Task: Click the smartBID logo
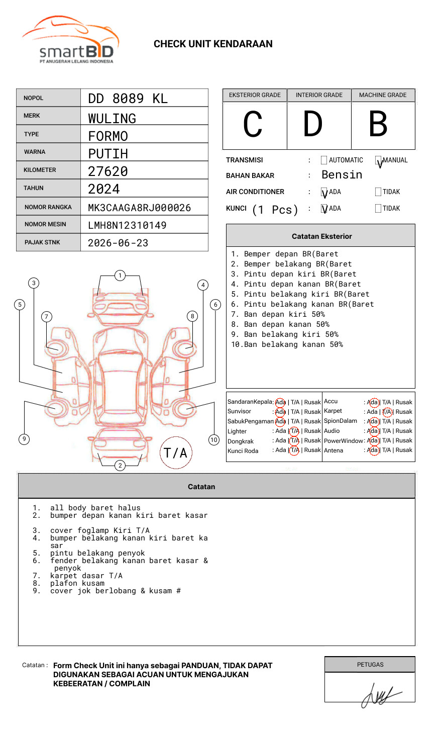70,40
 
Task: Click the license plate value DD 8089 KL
128,99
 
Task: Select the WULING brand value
112,119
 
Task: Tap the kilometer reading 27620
108,171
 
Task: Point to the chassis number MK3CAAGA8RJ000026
139,208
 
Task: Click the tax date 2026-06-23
118,243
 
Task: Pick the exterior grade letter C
253,124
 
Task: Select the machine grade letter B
378,124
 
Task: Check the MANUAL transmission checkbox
379,161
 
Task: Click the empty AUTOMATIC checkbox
324,160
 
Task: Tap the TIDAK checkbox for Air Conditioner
378,192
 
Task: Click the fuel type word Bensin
342,175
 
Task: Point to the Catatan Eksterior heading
321,236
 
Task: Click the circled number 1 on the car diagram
120,276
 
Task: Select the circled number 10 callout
214,440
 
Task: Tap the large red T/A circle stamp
176,452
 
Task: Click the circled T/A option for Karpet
387,412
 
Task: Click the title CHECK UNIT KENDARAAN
213,44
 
